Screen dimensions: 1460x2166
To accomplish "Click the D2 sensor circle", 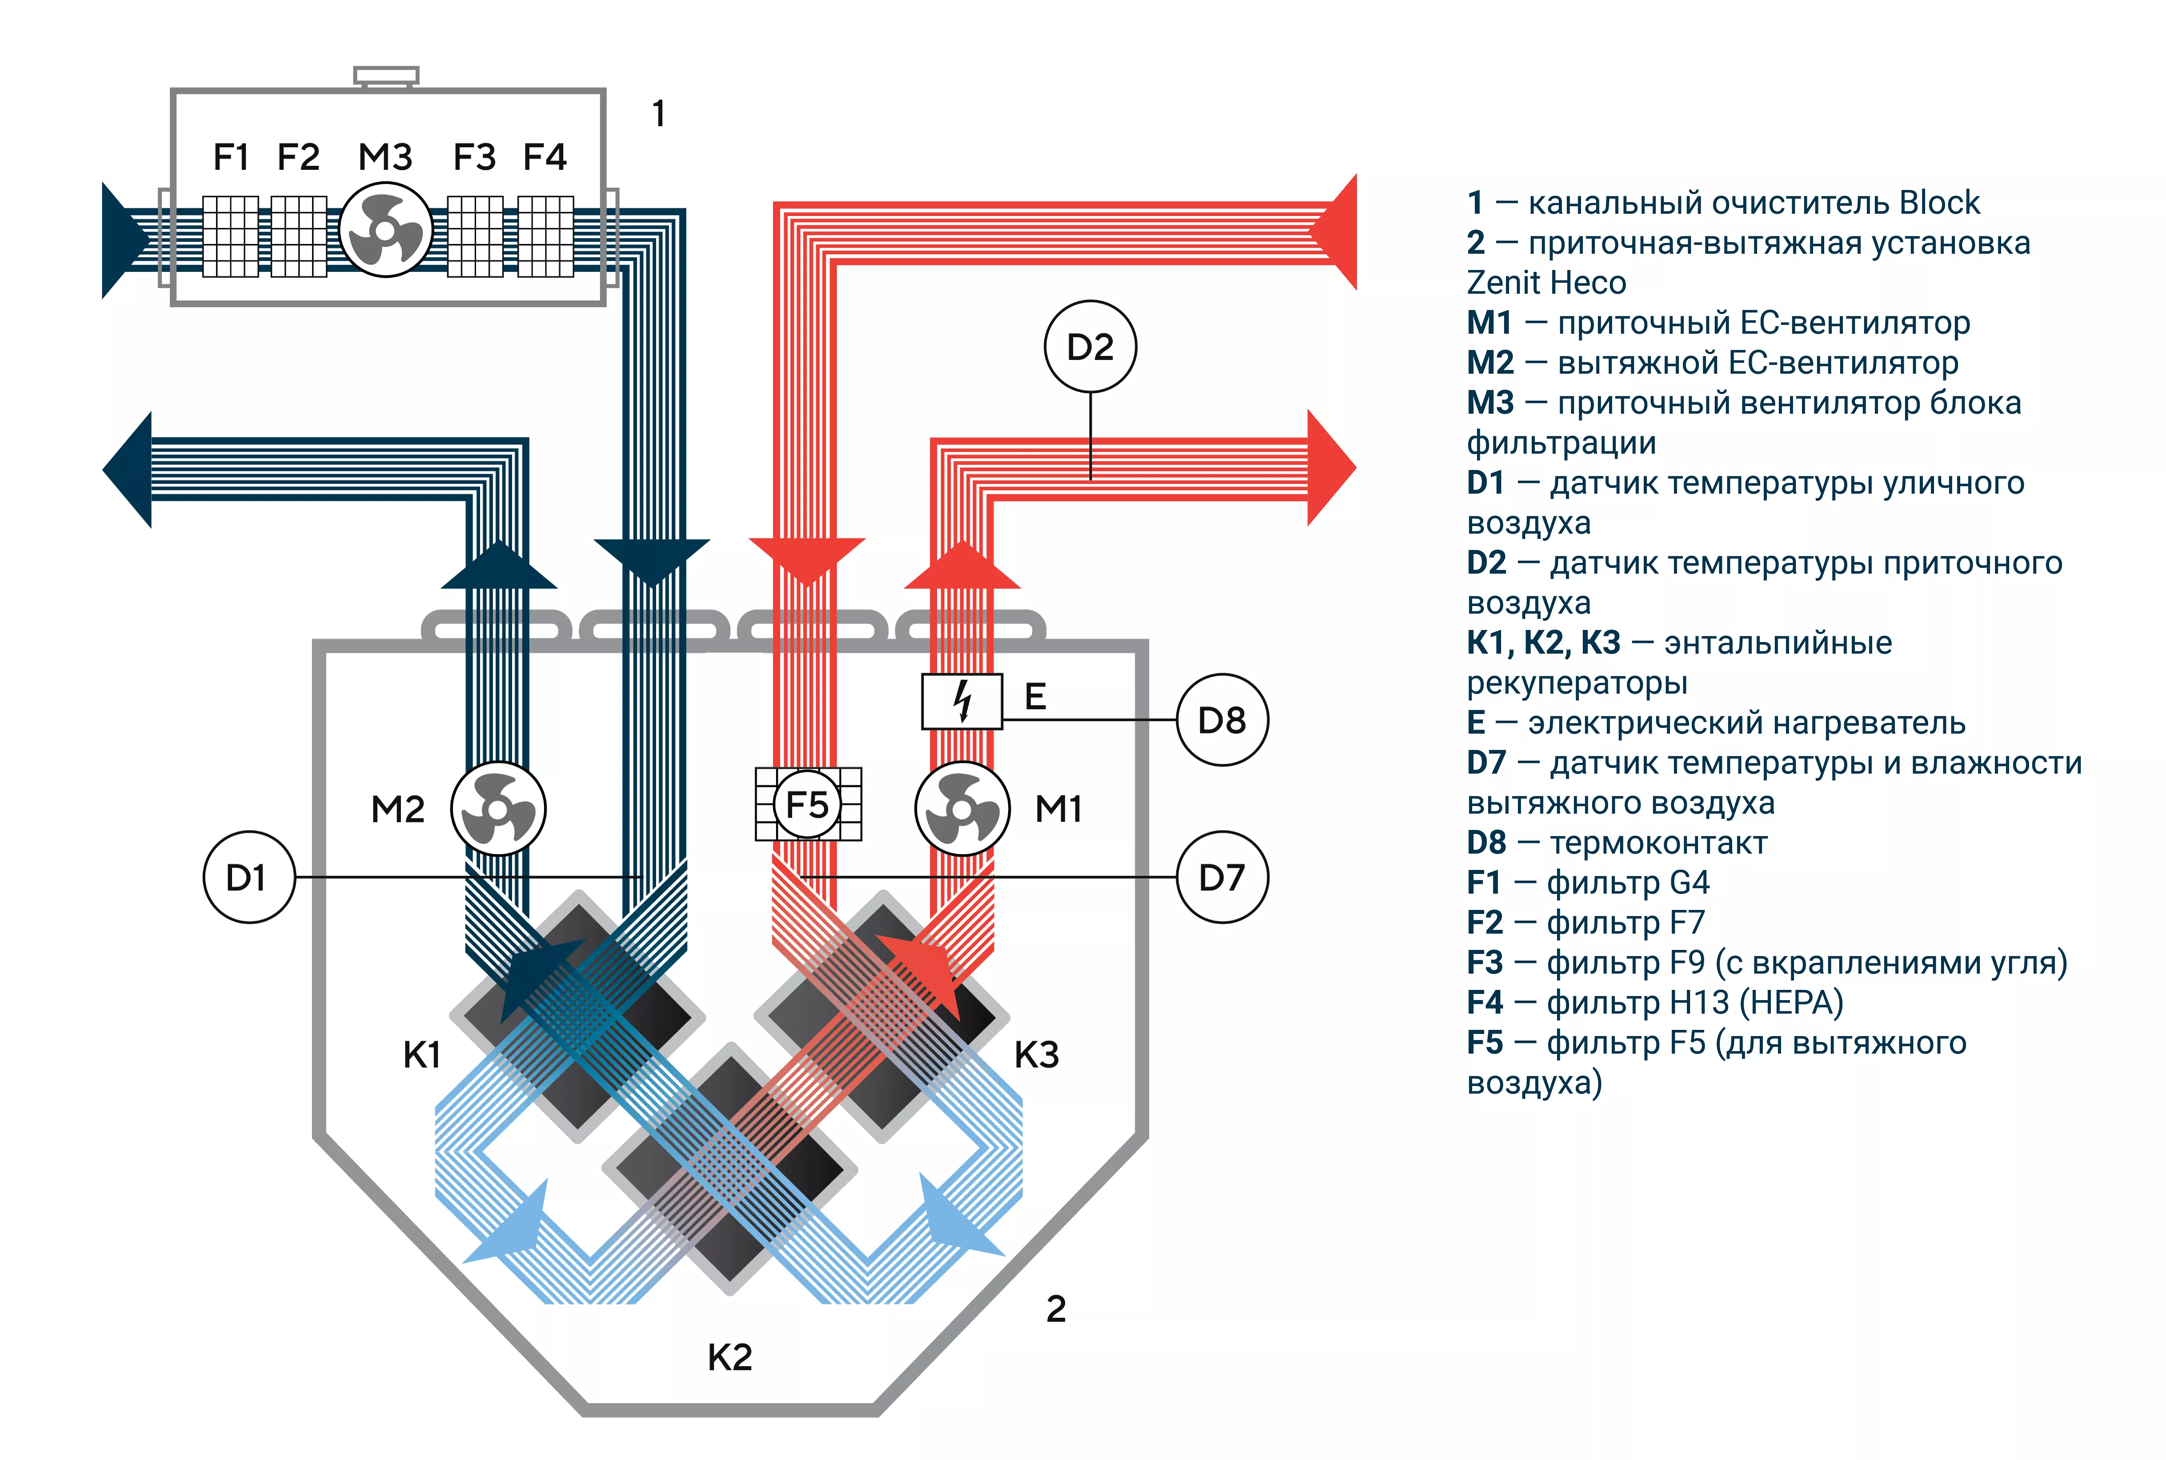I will coord(1089,347).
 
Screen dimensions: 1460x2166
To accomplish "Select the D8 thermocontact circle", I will coord(1222,720).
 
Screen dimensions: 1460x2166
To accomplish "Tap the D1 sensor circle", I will coord(248,877).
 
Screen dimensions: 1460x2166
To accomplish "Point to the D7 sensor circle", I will coord(1222,877).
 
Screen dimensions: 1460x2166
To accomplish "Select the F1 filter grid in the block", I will coord(230,236).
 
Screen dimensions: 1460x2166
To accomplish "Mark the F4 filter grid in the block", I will coord(546,236).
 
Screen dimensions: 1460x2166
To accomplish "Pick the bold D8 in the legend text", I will coord(1486,843).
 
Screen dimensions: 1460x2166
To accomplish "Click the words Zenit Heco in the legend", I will coord(1546,282).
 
